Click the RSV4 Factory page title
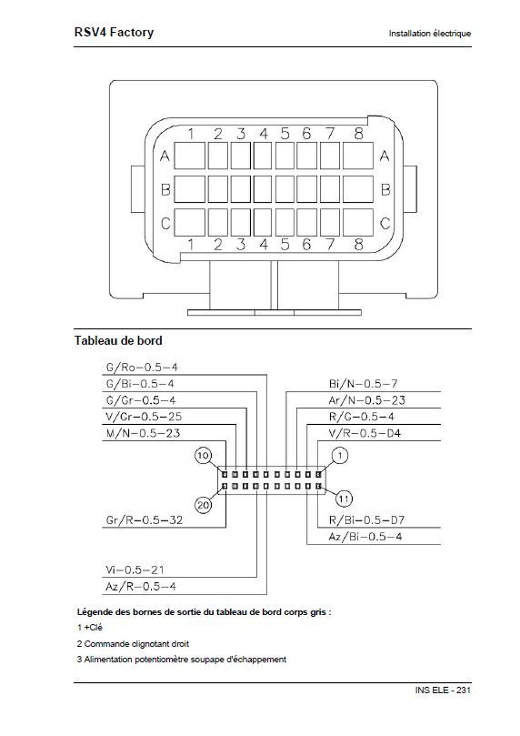pyautogui.click(x=114, y=32)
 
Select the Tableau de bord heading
pyautogui.click(x=118, y=341)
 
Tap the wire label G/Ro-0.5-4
pyautogui.click(x=141, y=367)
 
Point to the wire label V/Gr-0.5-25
pyautogui.click(x=144, y=417)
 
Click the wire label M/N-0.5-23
pyautogui.click(x=143, y=434)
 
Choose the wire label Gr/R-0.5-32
pyautogui.click(x=144, y=520)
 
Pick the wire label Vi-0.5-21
pyautogui.click(x=135, y=570)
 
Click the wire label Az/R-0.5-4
pyautogui.click(x=140, y=587)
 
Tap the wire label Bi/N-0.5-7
pyautogui.click(x=363, y=384)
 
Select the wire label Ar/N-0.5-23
pyautogui.click(x=367, y=401)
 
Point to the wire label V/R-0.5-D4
pyautogui.click(x=365, y=434)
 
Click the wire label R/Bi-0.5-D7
pyautogui.click(x=367, y=520)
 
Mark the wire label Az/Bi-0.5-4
pyautogui.click(x=365, y=537)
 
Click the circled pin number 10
pyautogui.click(x=203, y=456)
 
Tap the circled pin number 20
pyautogui.click(x=203, y=504)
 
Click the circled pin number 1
pyautogui.click(x=340, y=456)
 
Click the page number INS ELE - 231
pyautogui.click(x=443, y=690)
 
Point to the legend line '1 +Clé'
pyautogui.click(x=89, y=628)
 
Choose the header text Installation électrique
pyautogui.click(x=430, y=33)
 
